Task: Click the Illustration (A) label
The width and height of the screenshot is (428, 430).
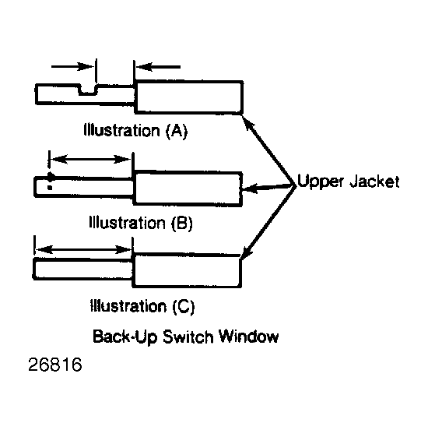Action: point(135,130)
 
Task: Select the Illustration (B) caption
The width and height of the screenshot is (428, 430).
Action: point(141,223)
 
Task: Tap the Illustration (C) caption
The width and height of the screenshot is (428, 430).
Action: point(142,306)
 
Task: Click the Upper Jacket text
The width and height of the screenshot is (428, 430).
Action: point(349,182)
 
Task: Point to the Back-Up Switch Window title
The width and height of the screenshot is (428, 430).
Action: point(186,337)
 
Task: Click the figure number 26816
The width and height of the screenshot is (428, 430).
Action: point(55,365)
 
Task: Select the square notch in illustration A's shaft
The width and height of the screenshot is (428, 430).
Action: point(88,90)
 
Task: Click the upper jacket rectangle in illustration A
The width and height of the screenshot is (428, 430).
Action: point(189,97)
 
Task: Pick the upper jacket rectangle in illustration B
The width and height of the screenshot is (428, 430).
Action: point(188,189)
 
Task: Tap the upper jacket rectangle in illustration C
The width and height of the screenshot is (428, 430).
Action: point(187,270)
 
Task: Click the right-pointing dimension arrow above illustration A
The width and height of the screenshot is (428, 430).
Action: point(72,66)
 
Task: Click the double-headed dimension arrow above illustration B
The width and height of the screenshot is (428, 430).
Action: point(91,159)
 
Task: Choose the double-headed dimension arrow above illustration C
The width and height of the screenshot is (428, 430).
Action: point(83,249)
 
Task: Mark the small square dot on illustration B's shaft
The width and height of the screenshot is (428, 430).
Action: point(50,188)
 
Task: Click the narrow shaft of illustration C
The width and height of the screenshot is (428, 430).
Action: point(82,269)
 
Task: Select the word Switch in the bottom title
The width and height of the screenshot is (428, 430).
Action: point(188,337)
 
